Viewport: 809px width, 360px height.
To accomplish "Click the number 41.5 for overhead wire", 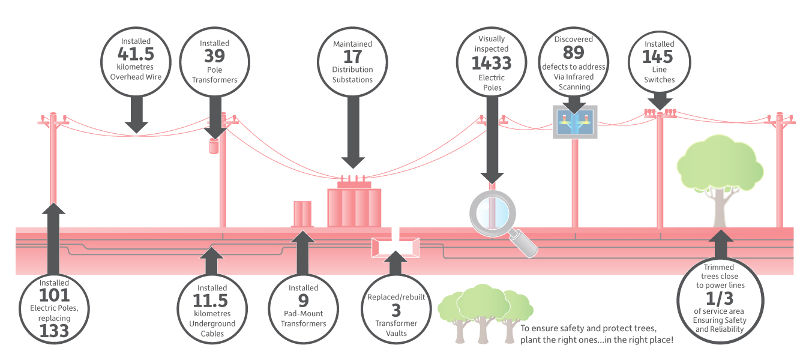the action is click(x=136, y=54).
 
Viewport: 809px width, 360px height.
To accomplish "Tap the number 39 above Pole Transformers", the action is click(x=214, y=56).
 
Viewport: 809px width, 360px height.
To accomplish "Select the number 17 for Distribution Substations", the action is click(x=352, y=56).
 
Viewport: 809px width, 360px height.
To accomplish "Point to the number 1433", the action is click(x=492, y=63).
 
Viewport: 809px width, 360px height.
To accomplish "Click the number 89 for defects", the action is click(x=574, y=53).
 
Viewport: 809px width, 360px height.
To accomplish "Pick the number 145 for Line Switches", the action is click(x=658, y=56).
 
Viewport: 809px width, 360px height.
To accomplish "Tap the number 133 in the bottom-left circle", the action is click(x=54, y=331).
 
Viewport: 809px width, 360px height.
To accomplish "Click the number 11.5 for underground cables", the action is click(x=210, y=301).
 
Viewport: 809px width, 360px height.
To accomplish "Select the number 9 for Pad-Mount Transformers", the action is click(x=304, y=301).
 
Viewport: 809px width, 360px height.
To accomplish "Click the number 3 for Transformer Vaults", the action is click(x=396, y=311).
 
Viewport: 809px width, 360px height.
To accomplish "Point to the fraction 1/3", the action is click(x=720, y=298).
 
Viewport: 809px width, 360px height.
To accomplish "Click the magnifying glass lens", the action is click(x=493, y=214).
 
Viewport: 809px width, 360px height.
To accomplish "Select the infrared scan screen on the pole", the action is click(x=575, y=122).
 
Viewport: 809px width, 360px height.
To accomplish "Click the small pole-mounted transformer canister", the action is click(x=214, y=146).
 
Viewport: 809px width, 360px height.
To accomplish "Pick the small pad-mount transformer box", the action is click(x=302, y=214).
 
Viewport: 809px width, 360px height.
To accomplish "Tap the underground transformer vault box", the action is click(x=395, y=247).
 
